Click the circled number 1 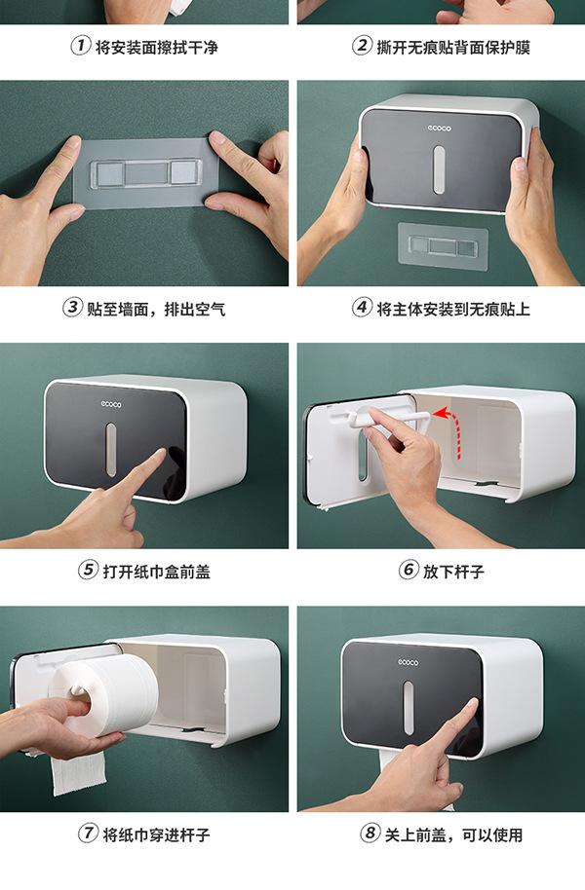pos(80,46)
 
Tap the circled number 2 pos(362,46)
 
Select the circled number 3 pos(71,308)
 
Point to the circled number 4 pos(362,308)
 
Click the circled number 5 pos(88,570)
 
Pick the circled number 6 pos(408,570)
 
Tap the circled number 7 pos(88,834)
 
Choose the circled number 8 pos(370,834)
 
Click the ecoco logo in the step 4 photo pos(439,129)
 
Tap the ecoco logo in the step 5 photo pos(111,404)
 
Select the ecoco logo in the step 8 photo pos(408,662)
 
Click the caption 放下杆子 pos(453,571)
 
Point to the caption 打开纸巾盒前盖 pos(156,571)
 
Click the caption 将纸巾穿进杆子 pos(156,834)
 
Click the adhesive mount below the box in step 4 pos(444,245)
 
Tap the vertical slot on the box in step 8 pos(409,708)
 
